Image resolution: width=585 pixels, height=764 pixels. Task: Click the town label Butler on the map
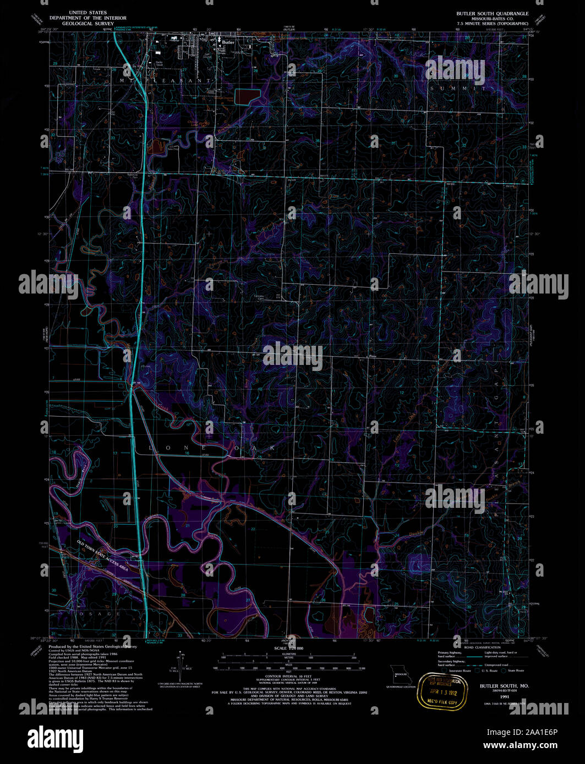pos(228,41)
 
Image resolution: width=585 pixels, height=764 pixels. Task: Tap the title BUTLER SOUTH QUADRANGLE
pos(492,13)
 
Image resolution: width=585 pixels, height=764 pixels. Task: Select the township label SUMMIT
pos(458,88)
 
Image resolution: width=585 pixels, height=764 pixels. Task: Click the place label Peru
pos(373,356)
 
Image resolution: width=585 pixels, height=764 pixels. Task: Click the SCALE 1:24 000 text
pos(288,649)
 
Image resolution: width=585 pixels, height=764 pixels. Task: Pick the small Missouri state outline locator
pos(400,675)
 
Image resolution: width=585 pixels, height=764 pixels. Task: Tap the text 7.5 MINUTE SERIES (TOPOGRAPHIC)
pos(492,24)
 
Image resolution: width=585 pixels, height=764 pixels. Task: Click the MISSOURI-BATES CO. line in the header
pos(492,19)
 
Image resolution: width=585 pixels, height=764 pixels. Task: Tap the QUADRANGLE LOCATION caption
pos(400,687)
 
